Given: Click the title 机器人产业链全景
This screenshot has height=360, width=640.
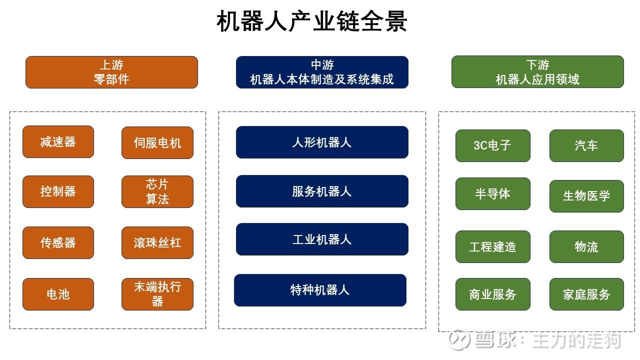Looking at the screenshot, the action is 311,21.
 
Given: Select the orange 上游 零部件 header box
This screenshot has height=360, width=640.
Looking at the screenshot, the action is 111,72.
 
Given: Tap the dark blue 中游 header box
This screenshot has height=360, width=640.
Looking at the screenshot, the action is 322,72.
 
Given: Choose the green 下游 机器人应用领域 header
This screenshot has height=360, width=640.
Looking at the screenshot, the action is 537,71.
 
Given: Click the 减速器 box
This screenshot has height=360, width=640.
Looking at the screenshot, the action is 58,141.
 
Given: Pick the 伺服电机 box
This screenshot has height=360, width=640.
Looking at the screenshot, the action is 157,142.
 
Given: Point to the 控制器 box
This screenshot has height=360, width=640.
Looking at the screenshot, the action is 58,191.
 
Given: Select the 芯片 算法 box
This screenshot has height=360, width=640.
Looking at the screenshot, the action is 157,191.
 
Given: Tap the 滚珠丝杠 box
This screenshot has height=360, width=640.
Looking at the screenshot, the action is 157,242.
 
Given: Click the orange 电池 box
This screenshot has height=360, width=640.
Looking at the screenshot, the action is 58,294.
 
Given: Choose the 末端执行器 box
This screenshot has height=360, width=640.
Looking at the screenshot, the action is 157,294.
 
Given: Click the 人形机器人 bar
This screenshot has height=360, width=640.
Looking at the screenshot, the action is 322,142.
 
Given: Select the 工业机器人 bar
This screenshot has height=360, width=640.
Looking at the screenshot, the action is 322,239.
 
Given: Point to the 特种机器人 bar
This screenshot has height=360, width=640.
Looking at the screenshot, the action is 320,290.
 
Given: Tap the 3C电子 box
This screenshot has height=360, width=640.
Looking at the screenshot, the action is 493,145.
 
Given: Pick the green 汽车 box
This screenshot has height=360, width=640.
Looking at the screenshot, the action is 586,145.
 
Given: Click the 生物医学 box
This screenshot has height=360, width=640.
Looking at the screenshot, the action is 586,196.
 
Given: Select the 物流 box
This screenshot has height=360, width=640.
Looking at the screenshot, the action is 586,246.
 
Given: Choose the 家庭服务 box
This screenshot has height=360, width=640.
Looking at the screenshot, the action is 586,294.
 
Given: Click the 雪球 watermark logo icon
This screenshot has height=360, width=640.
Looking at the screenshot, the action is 459,339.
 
